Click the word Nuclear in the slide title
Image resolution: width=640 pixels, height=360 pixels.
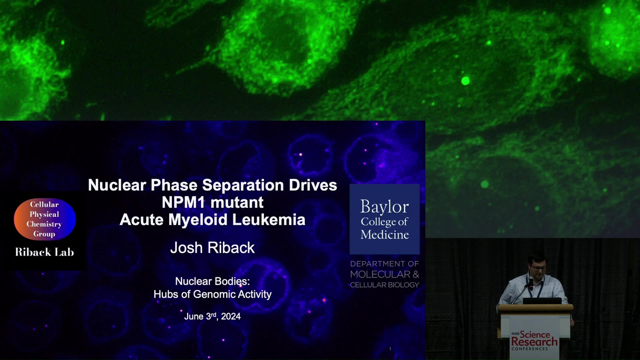117,185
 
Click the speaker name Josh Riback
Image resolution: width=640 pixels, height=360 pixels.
212,248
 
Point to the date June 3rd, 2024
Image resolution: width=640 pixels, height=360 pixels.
212,316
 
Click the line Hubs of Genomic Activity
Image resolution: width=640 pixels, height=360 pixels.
212,294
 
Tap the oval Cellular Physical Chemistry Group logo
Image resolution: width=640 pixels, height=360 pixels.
45,219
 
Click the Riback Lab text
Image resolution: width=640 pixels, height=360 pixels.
44,252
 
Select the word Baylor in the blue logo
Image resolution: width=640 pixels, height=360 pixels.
384,207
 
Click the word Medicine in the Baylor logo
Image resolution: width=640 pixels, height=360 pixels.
384,235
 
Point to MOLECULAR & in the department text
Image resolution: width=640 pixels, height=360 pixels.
384,274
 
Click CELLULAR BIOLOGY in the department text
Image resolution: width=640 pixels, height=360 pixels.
384,285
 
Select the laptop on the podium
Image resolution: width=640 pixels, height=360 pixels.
542,301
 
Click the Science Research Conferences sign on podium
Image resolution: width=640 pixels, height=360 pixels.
534,340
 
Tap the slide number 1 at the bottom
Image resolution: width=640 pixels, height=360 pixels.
390,349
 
